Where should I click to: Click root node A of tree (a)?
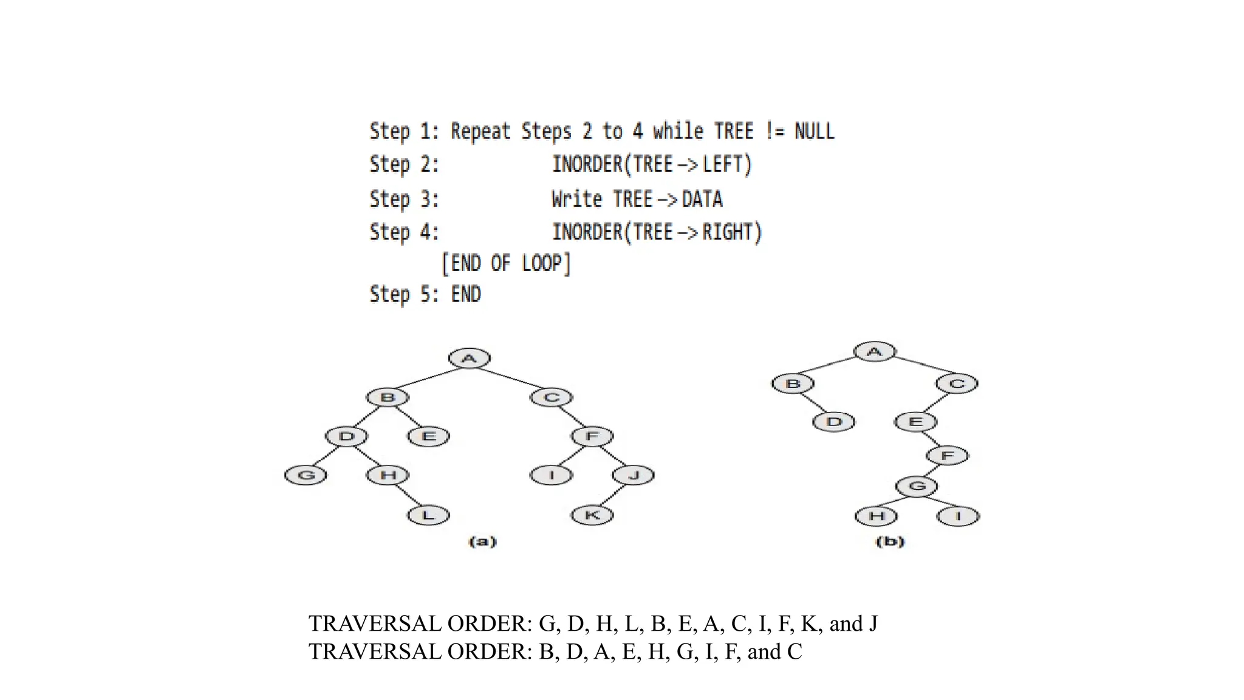pyautogui.click(x=469, y=359)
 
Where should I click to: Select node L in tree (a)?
pyautogui.click(x=428, y=515)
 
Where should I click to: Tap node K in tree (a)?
pyautogui.click(x=592, y=515)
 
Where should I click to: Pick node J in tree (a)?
pyautogui.click(x=634, y=475)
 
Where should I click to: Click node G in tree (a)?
pyautogui.click(x=306, y=475)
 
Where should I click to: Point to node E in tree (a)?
pyautogui.click(x=428, y=436)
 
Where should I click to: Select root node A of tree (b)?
pyautogui.click(x=874, y=351)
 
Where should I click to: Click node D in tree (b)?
pyautogui.click(x=833, y=421)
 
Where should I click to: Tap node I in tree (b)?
pyautogui.click(x=958, y=516)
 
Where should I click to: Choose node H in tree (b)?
pyautogui.click(x=876, y=516)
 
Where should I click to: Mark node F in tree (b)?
pyautogui.click(x=947, y=455)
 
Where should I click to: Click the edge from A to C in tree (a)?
pyautogui.click(x=510, y=378)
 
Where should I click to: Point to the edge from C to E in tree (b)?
pyautogui.click(x=936, y=403)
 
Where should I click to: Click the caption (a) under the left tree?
pyautogui.click(x=482, y=541)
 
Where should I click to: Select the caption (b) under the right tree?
pyautogui.click(x=890, y=541)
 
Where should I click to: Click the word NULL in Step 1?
pyautogui.click(x=814, y=131)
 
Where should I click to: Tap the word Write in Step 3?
pyautogui.click(x=576, y=199)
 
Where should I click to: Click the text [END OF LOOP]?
pyautogui.click(x=506, y=264)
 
